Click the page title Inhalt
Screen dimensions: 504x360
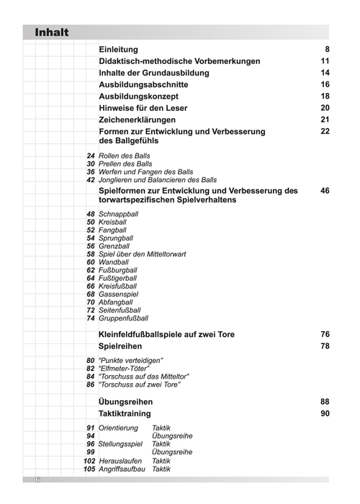(x=51, y=32)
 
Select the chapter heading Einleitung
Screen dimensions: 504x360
(x=119, y=48)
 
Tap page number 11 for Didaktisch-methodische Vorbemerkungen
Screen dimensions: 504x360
(x=325, y=61)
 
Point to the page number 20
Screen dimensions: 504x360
(x=325, y=107)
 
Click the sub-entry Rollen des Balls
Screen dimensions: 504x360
(x=125, y=156)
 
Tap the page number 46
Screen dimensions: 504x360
(x=325, y=191)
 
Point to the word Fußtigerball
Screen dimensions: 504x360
(x=117, y=278)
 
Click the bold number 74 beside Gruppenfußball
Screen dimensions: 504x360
(x=91, y=318)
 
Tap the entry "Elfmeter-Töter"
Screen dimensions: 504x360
(x=122, y=368)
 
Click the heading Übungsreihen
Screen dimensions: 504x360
(x=125, y=402)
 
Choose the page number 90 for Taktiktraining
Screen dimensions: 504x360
(x=325, y=414)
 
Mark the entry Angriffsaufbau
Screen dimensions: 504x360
(x=120, y=469)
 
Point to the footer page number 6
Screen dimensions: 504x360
(x=37, y=480)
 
